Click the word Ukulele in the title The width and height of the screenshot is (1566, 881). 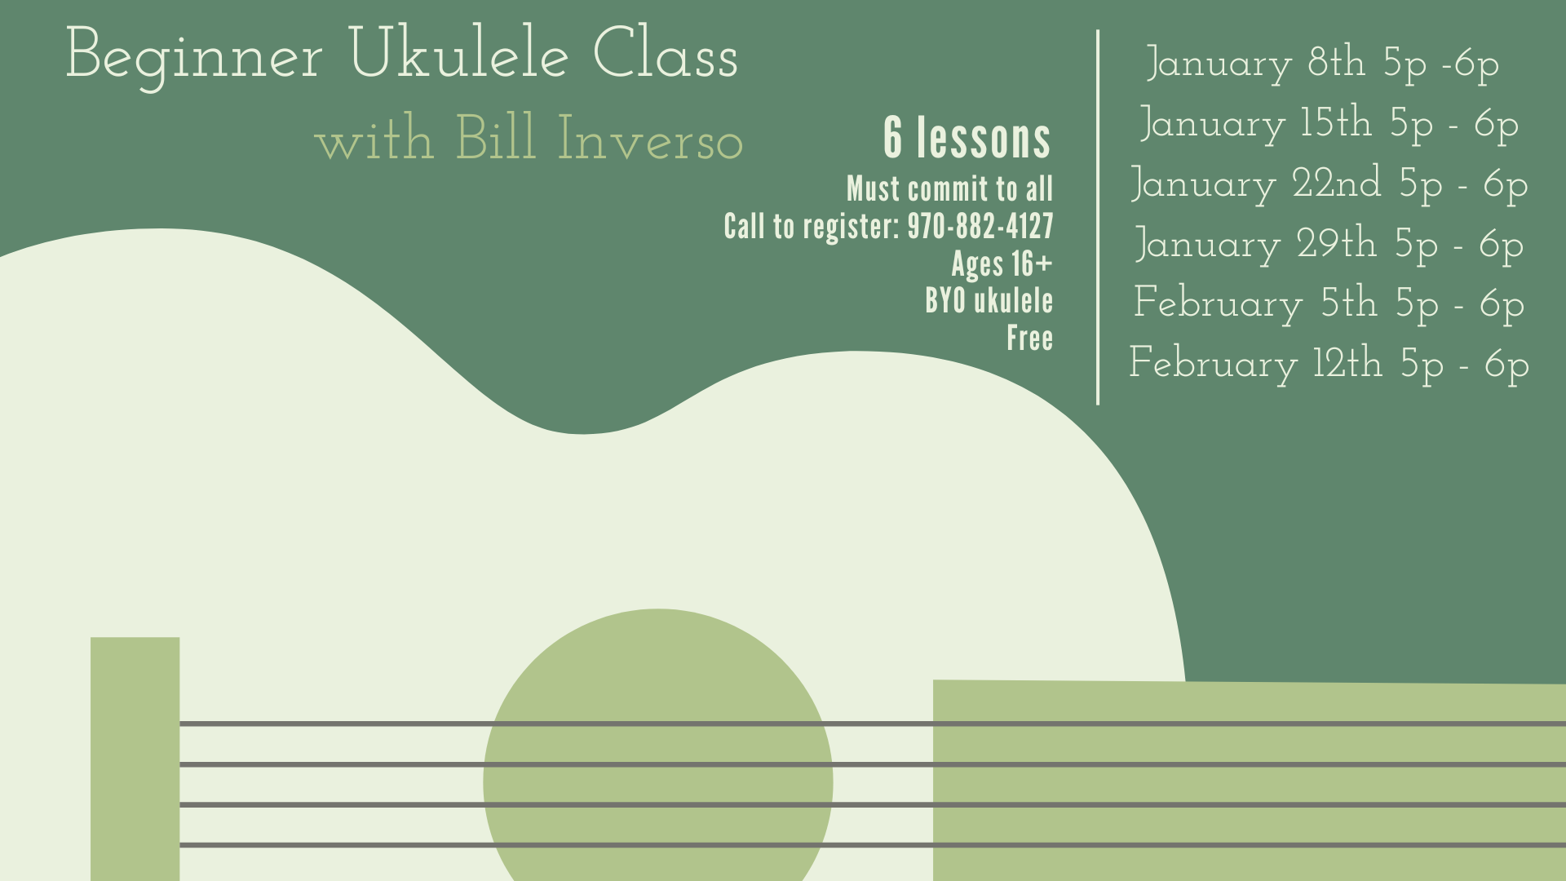458,54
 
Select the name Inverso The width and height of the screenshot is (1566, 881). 650,138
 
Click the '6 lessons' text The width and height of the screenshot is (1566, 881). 967,137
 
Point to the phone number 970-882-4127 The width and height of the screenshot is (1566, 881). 980,226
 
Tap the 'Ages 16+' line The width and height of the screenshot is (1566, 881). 1002,263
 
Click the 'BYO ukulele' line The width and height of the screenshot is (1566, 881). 989,300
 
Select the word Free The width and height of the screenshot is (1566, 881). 1029,338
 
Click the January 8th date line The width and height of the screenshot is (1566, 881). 1322,64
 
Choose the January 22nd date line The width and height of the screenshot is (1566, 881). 1329,184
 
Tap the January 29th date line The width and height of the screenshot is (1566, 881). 1329,244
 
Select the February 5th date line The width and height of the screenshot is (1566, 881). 1329,303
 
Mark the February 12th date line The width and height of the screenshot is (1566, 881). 1329,364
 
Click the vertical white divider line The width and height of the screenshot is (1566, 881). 1098,217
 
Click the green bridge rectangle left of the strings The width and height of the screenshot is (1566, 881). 135,759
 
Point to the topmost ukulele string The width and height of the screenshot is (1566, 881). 873,724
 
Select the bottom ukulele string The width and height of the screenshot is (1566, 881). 873,845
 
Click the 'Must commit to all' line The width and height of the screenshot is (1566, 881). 949,188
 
